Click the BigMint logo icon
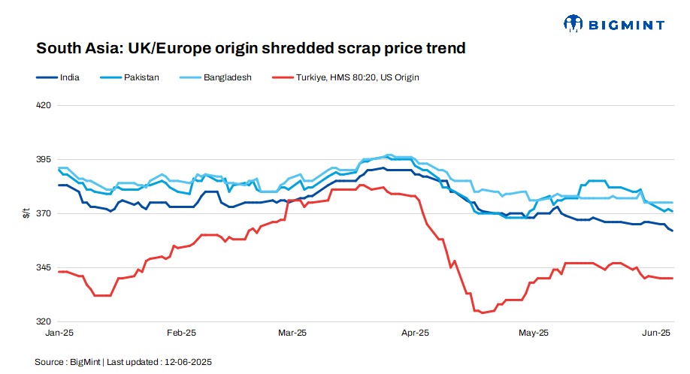coord(573,24)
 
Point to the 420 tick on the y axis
coord(43,105)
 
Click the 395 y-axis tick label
coord(43,159)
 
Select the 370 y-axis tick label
coord(43,213)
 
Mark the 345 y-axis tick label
coord(43,267)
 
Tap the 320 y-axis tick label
coord(43,321)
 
